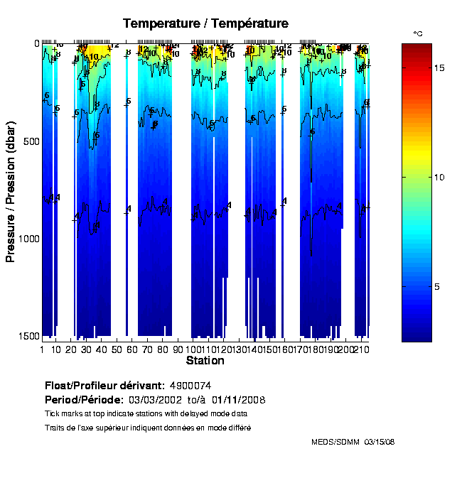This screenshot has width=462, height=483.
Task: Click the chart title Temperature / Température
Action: (x=205, y=23)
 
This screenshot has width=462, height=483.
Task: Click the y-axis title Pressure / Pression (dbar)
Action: (x=11, y=191)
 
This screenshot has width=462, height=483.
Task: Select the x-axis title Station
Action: (x=205, y=361)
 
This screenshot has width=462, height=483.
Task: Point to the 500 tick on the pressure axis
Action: (x=28, y=141)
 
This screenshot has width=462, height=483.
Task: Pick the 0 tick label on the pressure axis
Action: (x=36, y=43)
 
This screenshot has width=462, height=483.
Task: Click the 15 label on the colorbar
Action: (x=439, y=67)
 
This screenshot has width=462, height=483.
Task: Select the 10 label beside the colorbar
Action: (x=439, y=177)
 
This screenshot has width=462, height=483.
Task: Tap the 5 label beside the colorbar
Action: (x=437, y=286)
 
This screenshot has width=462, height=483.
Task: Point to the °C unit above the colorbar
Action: (x=418, y=33)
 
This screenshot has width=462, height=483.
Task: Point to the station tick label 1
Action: (x=42, y=350)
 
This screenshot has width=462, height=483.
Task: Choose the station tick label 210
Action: (x=362, y=350)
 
